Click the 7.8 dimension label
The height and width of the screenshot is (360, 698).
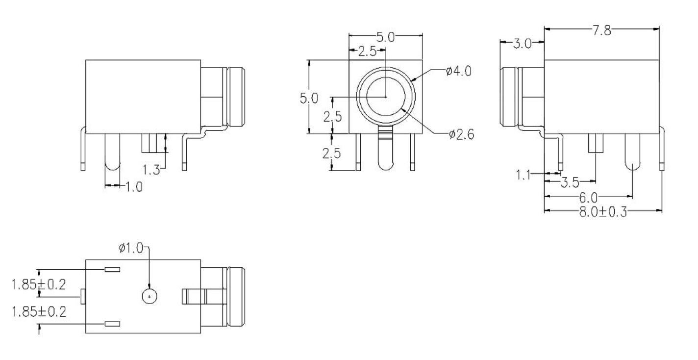pos(602,31)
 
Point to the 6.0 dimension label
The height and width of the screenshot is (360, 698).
pos(588,198)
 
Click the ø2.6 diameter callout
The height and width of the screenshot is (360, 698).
pos(461,135)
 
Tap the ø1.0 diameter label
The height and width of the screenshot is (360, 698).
pos(131,248)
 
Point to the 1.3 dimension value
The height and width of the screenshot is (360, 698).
pos(151,170)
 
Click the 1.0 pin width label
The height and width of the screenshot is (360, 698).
pos(134,187)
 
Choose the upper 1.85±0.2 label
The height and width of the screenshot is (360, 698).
pos(38,285)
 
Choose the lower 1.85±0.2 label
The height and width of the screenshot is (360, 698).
pos(38,311)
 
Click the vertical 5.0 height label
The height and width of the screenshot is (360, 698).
pos(309,98)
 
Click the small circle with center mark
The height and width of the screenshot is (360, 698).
pos(149,297)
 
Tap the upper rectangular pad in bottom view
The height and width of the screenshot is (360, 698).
pos(113,270)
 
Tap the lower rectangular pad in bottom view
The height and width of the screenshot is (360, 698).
pos(113,324)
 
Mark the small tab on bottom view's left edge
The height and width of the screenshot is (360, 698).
pos(83,296)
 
